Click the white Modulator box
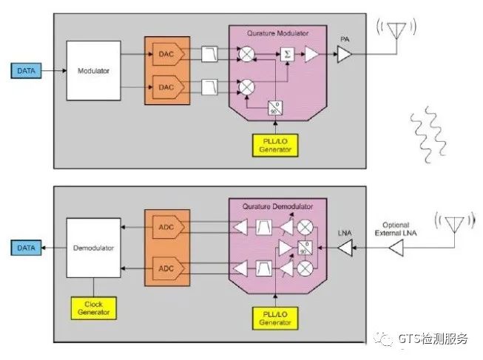(93, 70)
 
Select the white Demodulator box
(93, 248)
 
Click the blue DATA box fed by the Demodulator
(27, 248)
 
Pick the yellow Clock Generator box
(93, 308)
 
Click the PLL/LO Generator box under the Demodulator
(275, 317)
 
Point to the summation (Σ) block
(286, 54)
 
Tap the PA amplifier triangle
(344, 54)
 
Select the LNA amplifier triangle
(345, 249)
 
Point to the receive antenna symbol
(454, 223)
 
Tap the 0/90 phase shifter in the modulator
(274, 107)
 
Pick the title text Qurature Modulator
(279, 33)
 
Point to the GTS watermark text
(432, 339)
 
